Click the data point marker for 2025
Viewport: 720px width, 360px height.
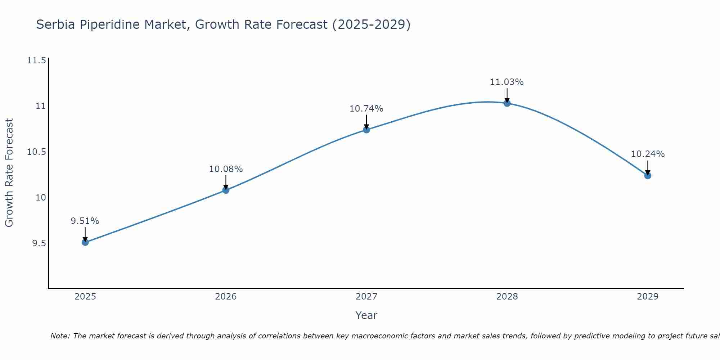click(x=85, y=242)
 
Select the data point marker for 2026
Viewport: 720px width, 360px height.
click(x=226, y=190)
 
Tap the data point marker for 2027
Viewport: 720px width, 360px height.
click(x=366, y=130)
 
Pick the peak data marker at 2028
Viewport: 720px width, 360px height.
click(x=507, y=103)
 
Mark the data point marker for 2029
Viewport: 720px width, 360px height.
click(x=648, y=176)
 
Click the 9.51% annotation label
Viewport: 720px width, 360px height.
click(x=85, y=221)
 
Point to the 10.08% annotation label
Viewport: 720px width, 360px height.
click(x=226, y=169)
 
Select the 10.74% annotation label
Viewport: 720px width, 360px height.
click(x=366, y=109)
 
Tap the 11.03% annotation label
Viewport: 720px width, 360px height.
click(x=507, y=82)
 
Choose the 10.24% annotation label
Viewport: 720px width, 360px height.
click(x=648, y=154)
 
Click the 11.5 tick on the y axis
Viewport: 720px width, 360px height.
click(x=37, y=60)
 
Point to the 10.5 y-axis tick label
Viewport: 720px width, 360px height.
click(x=37, y=152)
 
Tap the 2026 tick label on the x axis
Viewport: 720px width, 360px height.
click(x=226, y=297)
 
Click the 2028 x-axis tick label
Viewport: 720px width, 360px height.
click(x=507, y=297)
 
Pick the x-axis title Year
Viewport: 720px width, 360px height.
click(x=366, y=315)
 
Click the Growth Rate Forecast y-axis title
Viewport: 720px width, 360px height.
click(x=9, y=173)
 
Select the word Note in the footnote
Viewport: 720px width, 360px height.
click(x=60, y=336)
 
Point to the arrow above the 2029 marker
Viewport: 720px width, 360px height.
click(x=648, y=167)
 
